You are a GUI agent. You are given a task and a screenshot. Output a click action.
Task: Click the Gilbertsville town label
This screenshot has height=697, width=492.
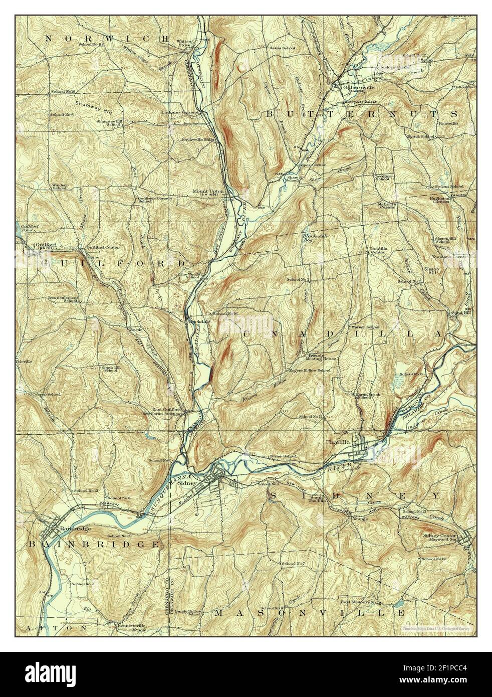coord(359,87)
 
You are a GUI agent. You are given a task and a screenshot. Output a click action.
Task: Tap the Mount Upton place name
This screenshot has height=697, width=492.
coord(207,191)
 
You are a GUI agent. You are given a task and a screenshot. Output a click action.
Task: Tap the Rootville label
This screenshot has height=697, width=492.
coord(448,123)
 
